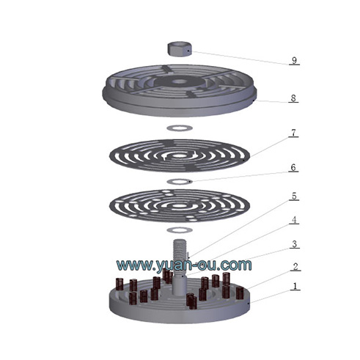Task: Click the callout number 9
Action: (294, 60)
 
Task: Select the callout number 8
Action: (293, 98)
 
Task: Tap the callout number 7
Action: (293, 133)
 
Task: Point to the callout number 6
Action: (293, 167)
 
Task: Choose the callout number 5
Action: (294, 196)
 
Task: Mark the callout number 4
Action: (294, 220)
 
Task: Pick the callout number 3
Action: (295, 244)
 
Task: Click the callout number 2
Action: (295, 267)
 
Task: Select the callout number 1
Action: (295, 286)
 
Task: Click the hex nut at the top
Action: (180, 49)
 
